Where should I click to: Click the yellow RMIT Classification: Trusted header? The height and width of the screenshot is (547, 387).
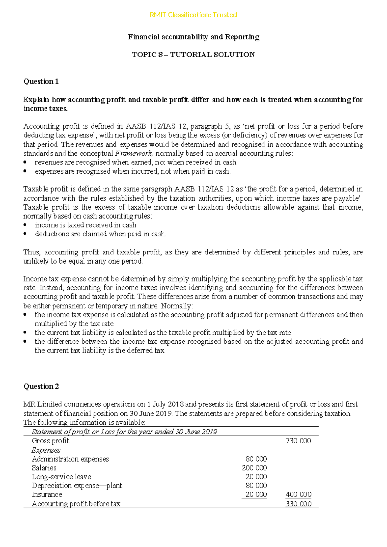193,15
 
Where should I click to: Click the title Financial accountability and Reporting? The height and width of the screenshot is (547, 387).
193,37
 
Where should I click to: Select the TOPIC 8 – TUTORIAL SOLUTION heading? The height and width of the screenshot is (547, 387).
193,55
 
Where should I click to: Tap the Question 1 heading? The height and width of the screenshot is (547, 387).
41,81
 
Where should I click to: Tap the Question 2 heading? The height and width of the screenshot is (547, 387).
41,386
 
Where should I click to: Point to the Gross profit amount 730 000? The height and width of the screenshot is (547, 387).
298,441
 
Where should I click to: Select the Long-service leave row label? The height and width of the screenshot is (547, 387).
61,477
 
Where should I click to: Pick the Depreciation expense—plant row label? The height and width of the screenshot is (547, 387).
77,486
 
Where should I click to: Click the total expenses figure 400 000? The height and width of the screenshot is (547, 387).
298,495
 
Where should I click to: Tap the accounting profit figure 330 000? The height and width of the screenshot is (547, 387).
298,504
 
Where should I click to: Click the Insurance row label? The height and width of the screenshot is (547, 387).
47,495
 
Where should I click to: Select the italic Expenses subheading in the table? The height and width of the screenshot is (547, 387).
46,450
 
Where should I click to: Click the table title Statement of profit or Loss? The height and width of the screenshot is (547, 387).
124,432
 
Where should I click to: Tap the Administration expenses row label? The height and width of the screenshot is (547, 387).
70,459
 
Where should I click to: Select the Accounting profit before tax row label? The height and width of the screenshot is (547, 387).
76,504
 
